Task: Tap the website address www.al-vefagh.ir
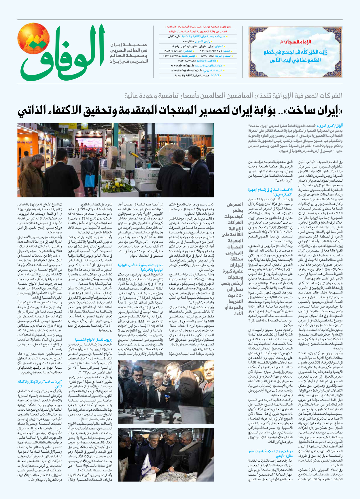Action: pyautogui.click(x=183, y=66)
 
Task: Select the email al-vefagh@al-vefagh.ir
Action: pyautogui.click(x=187, y=71)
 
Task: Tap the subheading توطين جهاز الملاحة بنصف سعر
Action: pyautogui.click(x=271, y=452)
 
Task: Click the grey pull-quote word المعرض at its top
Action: pyautogui.click(x=235, y=205)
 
